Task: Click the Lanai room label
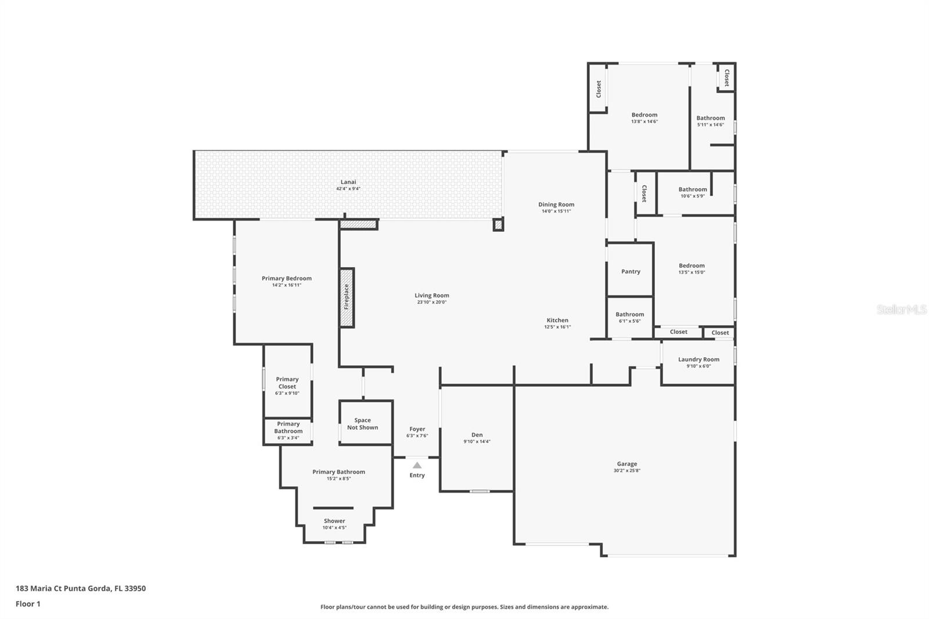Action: (348, 182)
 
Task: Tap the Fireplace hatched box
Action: (347, 298)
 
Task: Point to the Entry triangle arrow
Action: (417, 466)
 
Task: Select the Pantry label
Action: (631, 271)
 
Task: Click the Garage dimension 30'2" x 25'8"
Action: (626, 470)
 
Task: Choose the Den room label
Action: (477, 435)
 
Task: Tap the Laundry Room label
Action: (698, 359)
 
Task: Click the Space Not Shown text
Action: (362, 423)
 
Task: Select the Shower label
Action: (334, 521)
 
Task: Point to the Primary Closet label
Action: (287, 383)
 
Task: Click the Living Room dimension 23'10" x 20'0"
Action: (432, 302)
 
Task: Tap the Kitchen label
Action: (557, 320)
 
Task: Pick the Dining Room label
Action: (556, 204)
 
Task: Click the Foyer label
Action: (417, 429)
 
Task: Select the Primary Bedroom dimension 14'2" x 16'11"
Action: (287, 285)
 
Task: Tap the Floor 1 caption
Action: (28, 604)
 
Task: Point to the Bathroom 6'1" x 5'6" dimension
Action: (629, 321)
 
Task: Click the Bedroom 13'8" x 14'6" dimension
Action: (644, 121)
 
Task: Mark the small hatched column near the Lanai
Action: (498, 225)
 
